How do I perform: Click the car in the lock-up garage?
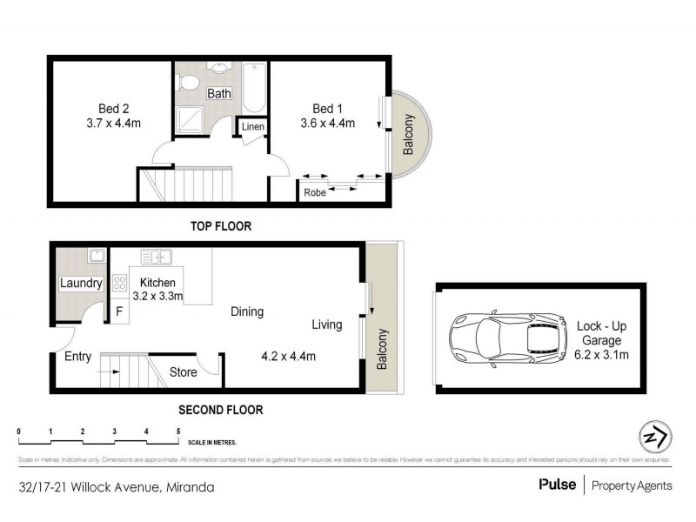pos(499,335)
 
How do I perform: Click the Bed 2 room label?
pos(113,109)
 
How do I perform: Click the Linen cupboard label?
pos(253,128)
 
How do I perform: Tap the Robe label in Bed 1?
pos(315,193)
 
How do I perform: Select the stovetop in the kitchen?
pos(119,283)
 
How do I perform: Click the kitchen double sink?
pos(157,256)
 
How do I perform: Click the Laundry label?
pos(81,284)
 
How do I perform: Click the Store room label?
pos(182,372)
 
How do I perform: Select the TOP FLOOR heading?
pos(221,226)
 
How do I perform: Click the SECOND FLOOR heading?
pos(220,410)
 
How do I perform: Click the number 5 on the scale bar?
pos(178,432)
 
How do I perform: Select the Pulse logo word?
pos(557,485)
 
